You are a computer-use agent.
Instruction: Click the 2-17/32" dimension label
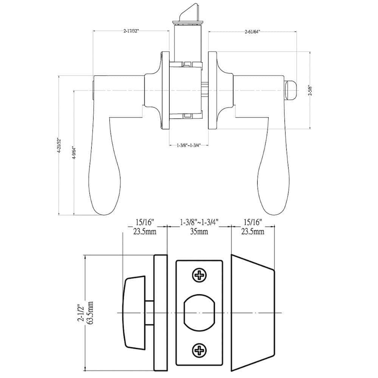131,31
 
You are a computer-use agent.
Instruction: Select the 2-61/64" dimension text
253,31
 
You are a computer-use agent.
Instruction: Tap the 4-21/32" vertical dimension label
59,146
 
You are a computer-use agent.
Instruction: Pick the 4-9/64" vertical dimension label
74,153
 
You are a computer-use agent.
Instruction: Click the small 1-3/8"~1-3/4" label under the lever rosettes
189,145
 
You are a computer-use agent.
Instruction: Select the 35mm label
199,232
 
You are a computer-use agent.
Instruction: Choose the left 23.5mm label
145,232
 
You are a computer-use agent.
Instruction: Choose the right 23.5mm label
253,232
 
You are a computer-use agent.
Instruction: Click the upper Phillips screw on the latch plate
200,274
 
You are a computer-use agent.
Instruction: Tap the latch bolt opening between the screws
200,313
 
